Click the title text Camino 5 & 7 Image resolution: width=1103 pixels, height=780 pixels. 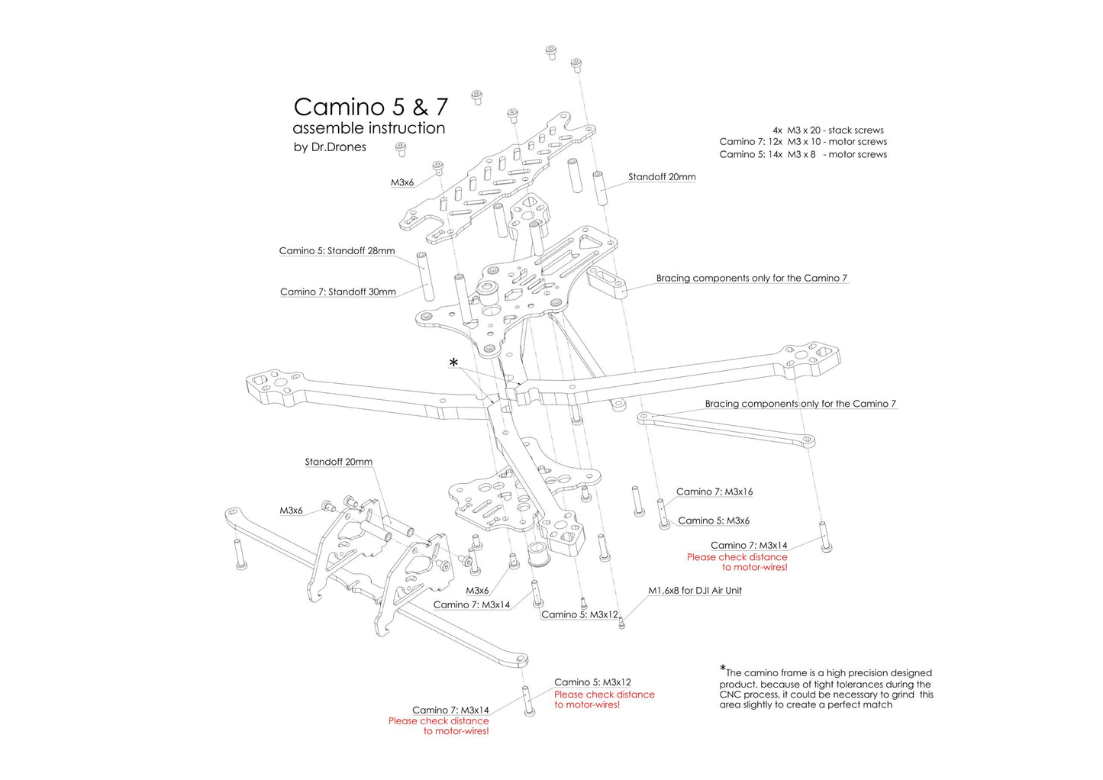(370, 107)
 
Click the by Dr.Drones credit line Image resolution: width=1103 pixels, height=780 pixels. (330, 147)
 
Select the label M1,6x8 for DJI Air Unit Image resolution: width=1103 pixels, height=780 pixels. (695, 591)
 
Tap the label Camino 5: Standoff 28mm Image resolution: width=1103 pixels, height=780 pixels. (337, 251)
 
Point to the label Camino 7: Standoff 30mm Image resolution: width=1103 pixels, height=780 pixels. (337, 292)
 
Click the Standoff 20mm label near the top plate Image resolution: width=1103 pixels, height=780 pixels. (662, 177)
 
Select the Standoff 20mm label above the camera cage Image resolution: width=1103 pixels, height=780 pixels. (338, 463)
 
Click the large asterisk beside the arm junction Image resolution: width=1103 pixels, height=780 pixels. (453, 363)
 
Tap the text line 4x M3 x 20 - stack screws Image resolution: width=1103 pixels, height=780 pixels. (827, 131)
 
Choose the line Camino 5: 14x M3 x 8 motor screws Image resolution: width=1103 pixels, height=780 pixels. (803, 155)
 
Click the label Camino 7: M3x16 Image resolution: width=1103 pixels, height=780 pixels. (714, 492)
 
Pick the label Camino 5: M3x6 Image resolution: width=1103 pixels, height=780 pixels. (714, 521)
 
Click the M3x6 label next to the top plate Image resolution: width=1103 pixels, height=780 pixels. (402, 183)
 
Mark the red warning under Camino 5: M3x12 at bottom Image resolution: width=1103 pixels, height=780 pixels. (604, 700)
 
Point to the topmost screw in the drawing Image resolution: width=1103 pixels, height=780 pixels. (550, 52)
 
